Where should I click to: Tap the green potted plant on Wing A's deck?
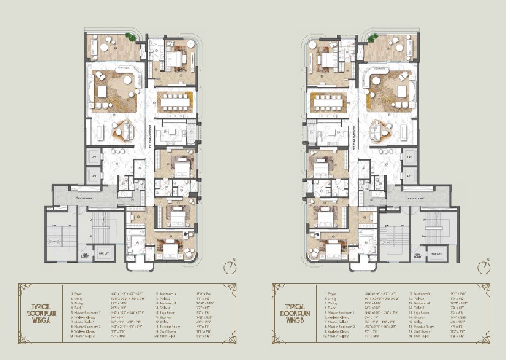coord(133,38)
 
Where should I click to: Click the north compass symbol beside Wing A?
coord(230,267)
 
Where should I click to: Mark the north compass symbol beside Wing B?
coord(484,267)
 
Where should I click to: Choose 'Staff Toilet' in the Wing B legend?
coord(421,336)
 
